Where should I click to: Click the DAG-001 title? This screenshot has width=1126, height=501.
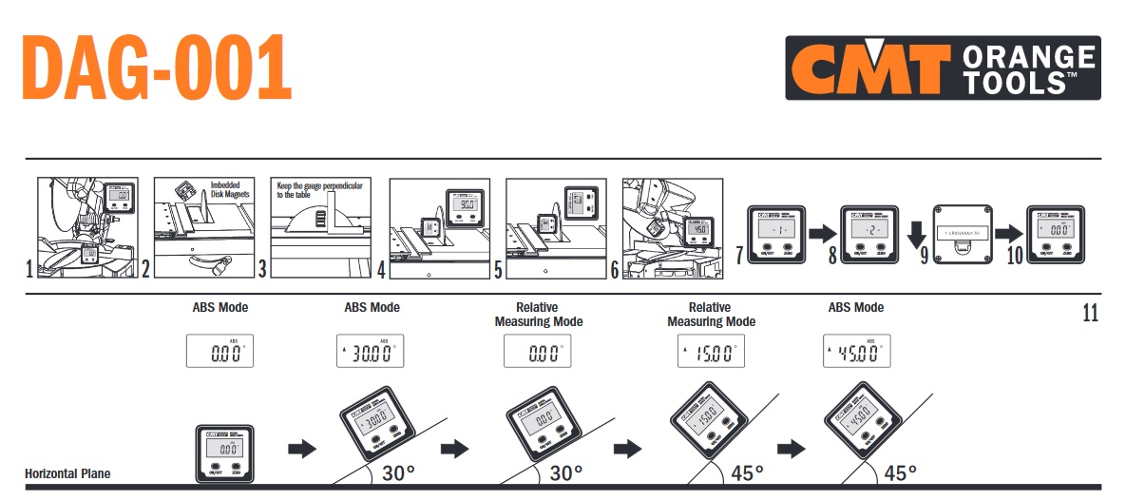point(156,67)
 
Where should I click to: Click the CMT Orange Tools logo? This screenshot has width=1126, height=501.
point(942,67)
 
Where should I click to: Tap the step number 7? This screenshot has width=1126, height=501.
point(739,255)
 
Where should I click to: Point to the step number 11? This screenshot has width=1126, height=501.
point(1090,313)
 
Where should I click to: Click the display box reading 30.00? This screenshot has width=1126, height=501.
point(371,352)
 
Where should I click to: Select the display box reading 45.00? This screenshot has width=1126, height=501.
point(856,352)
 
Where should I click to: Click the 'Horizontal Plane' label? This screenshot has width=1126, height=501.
point(67,473)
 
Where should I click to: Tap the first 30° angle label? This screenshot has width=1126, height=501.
point(399,472)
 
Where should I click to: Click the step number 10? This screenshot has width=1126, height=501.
point(1014,255)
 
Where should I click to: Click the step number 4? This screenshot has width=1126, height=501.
point(381,270)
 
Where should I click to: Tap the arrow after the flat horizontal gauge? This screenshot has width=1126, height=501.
point(301,449)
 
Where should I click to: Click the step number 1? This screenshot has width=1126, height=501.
point(29,270)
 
